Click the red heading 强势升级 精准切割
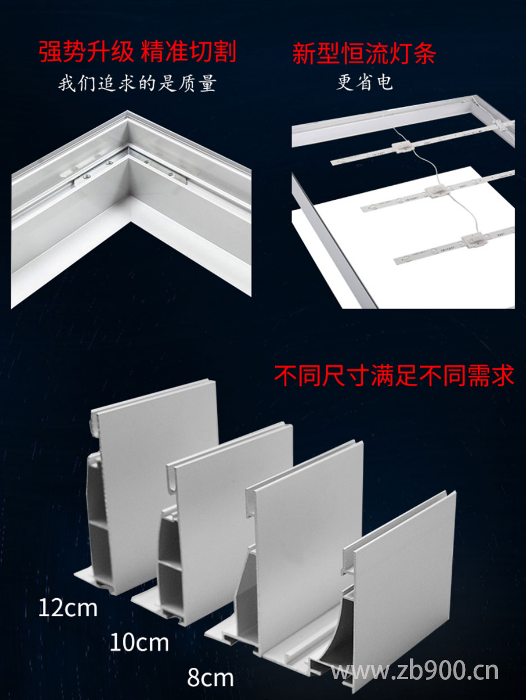[137, 52]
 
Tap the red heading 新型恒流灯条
[364, 53]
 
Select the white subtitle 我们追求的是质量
[137, 84]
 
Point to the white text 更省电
[364, 83]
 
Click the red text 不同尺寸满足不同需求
[394, 376]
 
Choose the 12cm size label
[68, 608]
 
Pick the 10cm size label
[139, 642]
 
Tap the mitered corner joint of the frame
[129, 163]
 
